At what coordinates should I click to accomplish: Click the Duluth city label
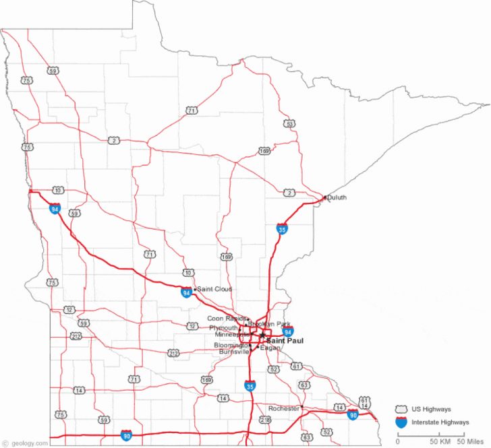click(x=337, y=197)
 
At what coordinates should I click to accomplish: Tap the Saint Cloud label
click(x=214, y=289)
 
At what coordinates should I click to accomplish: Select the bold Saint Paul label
click(x=285, y=341)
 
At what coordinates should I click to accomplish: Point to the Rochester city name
click(x=283, y=408)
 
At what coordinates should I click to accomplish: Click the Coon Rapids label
click(x=226, y=318)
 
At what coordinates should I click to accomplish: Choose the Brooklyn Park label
click(x=269, y=324)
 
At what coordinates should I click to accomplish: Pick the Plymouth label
click(x=223, y=327)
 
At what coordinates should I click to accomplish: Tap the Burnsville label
click(x=233, y=352)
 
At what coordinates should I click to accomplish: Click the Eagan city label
click(x=269, y=348)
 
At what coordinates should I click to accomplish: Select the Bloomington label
click(x=231, y=345)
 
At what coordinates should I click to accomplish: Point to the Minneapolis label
click(x=232, y=335)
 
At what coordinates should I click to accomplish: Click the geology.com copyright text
click(x=25, y=443)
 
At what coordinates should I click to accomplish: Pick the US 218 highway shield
click(x=265, y=420)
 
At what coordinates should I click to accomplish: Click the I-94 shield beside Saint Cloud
click(x=186, y=292)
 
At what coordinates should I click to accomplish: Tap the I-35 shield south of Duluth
click(x=281, y=229)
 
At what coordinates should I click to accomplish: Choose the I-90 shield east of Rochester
click(x=353, y=414)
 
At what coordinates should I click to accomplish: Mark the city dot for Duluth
click(x=325, y=197)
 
